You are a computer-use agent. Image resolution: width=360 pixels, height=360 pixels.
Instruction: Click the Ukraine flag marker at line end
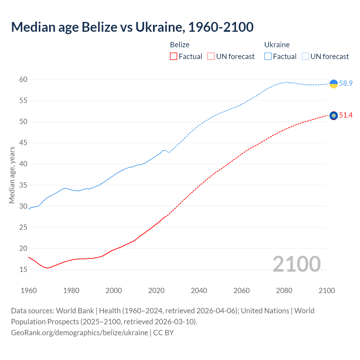coord(334,84)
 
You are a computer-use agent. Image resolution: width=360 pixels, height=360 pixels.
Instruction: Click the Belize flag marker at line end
coord(334,116)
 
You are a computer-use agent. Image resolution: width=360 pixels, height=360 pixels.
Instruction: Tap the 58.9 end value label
coord(346,84)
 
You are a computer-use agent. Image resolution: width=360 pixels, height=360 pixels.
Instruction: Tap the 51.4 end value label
coord(346,115)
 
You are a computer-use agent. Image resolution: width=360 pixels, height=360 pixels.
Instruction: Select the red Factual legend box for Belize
coord(174,57)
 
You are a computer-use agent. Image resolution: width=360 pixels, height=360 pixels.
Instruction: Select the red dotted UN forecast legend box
coord(211,57)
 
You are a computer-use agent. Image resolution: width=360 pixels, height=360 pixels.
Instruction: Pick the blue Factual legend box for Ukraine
coord(268,57)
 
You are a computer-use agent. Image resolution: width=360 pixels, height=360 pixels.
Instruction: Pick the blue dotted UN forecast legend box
coord(305,57)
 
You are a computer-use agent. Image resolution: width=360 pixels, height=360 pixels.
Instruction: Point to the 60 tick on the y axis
coord(23,80)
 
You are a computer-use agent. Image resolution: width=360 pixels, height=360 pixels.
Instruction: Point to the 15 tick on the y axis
coord(23,270)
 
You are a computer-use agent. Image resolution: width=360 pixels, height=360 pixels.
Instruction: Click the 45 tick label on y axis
coord(23,143)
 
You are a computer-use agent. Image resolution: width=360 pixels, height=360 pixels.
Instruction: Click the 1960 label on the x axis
coord(29,291)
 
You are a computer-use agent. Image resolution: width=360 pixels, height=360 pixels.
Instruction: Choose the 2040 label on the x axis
coord(199,291)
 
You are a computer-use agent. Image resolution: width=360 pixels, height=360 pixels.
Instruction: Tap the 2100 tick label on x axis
coord(327,291)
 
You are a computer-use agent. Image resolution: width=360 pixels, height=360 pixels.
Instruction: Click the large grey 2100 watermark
coord(296,264)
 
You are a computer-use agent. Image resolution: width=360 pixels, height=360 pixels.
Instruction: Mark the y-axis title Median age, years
coord(12,175)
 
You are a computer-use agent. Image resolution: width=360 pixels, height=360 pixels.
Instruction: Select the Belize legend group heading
coord(180,45)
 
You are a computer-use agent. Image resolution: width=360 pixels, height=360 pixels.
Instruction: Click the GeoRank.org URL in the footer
coord(79,333)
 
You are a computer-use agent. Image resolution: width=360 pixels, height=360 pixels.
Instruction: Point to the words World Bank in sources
coord(75,311)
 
